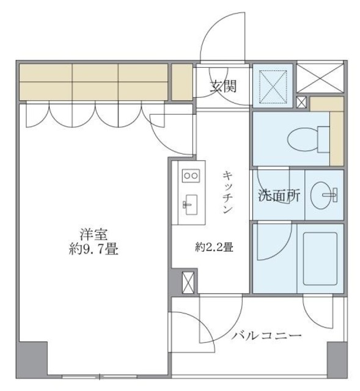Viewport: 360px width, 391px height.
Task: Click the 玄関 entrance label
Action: [x=224, y=86]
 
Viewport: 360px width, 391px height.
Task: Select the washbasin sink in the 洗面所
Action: [x=324, y=196]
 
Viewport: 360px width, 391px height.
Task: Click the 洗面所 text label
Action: [x=279, y=197]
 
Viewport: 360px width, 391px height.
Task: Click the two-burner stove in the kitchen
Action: [x=190, y=175]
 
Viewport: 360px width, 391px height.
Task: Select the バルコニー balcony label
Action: [x=266, y=336]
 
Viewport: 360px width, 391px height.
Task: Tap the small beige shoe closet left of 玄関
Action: [x=182, y=81]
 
